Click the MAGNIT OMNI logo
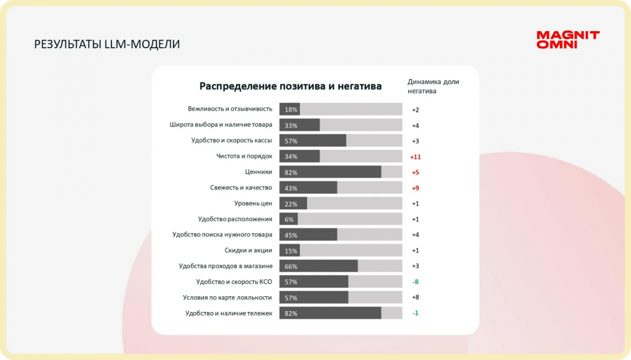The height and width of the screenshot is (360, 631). coord(568,40)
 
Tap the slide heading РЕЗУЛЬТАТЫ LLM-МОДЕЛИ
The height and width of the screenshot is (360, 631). coord(107,44)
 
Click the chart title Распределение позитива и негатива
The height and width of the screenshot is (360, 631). coord(290,86)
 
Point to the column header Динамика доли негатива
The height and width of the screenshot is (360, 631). coord(433,86)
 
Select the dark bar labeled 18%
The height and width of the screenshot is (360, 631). coord(290,109)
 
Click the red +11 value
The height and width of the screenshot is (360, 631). coord(415,157)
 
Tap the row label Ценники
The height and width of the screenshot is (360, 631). coord(258,172)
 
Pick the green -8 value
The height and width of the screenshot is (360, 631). coord(415,282)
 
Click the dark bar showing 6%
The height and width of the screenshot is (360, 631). coord(288,219)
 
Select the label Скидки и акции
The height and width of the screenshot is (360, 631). coord(248,250)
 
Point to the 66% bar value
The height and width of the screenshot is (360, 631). coord(291,266)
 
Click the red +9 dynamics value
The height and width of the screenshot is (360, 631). coord(415,188)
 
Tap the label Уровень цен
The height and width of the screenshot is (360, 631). coord(253,203)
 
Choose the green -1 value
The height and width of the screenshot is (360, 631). coord(415,313)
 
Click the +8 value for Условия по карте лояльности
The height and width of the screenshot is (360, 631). coord(415,297)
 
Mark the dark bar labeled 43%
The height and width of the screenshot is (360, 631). coord(308,188)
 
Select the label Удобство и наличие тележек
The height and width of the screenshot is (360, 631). coord(229,313)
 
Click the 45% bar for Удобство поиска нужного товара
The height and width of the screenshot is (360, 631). coord(308,235)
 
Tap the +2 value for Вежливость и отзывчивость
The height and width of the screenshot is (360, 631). coord(415,110)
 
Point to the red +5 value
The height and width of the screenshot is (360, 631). coord(415,172)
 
